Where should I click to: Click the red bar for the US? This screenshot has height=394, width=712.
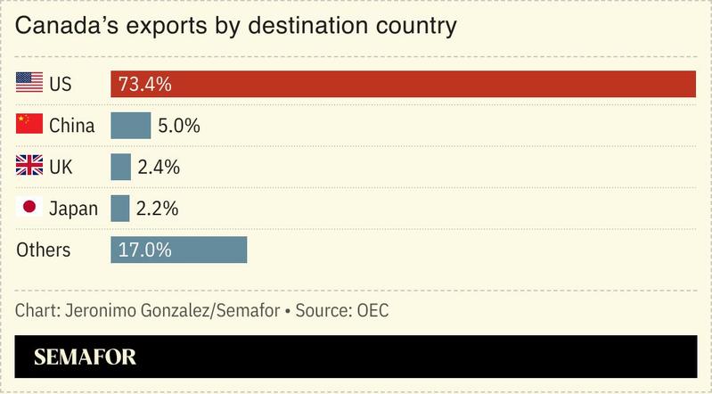pyautogui.click(x=403, y=84)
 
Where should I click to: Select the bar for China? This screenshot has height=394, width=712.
pyautogui.click(x=131, y=126)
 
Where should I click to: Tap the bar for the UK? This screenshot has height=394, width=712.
pyautogui.click(x=120, y=167)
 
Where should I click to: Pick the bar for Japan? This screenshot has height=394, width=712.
pyautogui.click(x=120, y=208)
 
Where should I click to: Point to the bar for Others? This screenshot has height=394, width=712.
pyautogui.click(x=178, y=250)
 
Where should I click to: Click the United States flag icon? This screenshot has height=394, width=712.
pyautogui.click(x=29, y=84)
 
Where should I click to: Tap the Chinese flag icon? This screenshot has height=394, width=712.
pyautogui.click(x=29, y=125)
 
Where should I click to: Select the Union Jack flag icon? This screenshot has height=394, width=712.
pyautogui.click(x=29, y=166)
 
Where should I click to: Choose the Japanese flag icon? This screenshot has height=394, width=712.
pyautogui.click(x=29, y=208)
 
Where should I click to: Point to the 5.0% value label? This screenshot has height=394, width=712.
pyautogui.click(x=178, y=126)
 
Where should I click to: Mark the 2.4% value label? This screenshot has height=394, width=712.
pyautogui.click(x=159, y=167)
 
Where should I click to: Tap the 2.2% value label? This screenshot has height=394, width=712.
pyautogui.click(x=158, y=209)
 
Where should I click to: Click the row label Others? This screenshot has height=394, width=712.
pyautogui.click(x=43, y=250)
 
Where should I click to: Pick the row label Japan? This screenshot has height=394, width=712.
pyautogui.click(x=72, y=209)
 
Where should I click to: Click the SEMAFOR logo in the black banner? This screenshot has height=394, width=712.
pyautogui.click(x=85, y=357)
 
